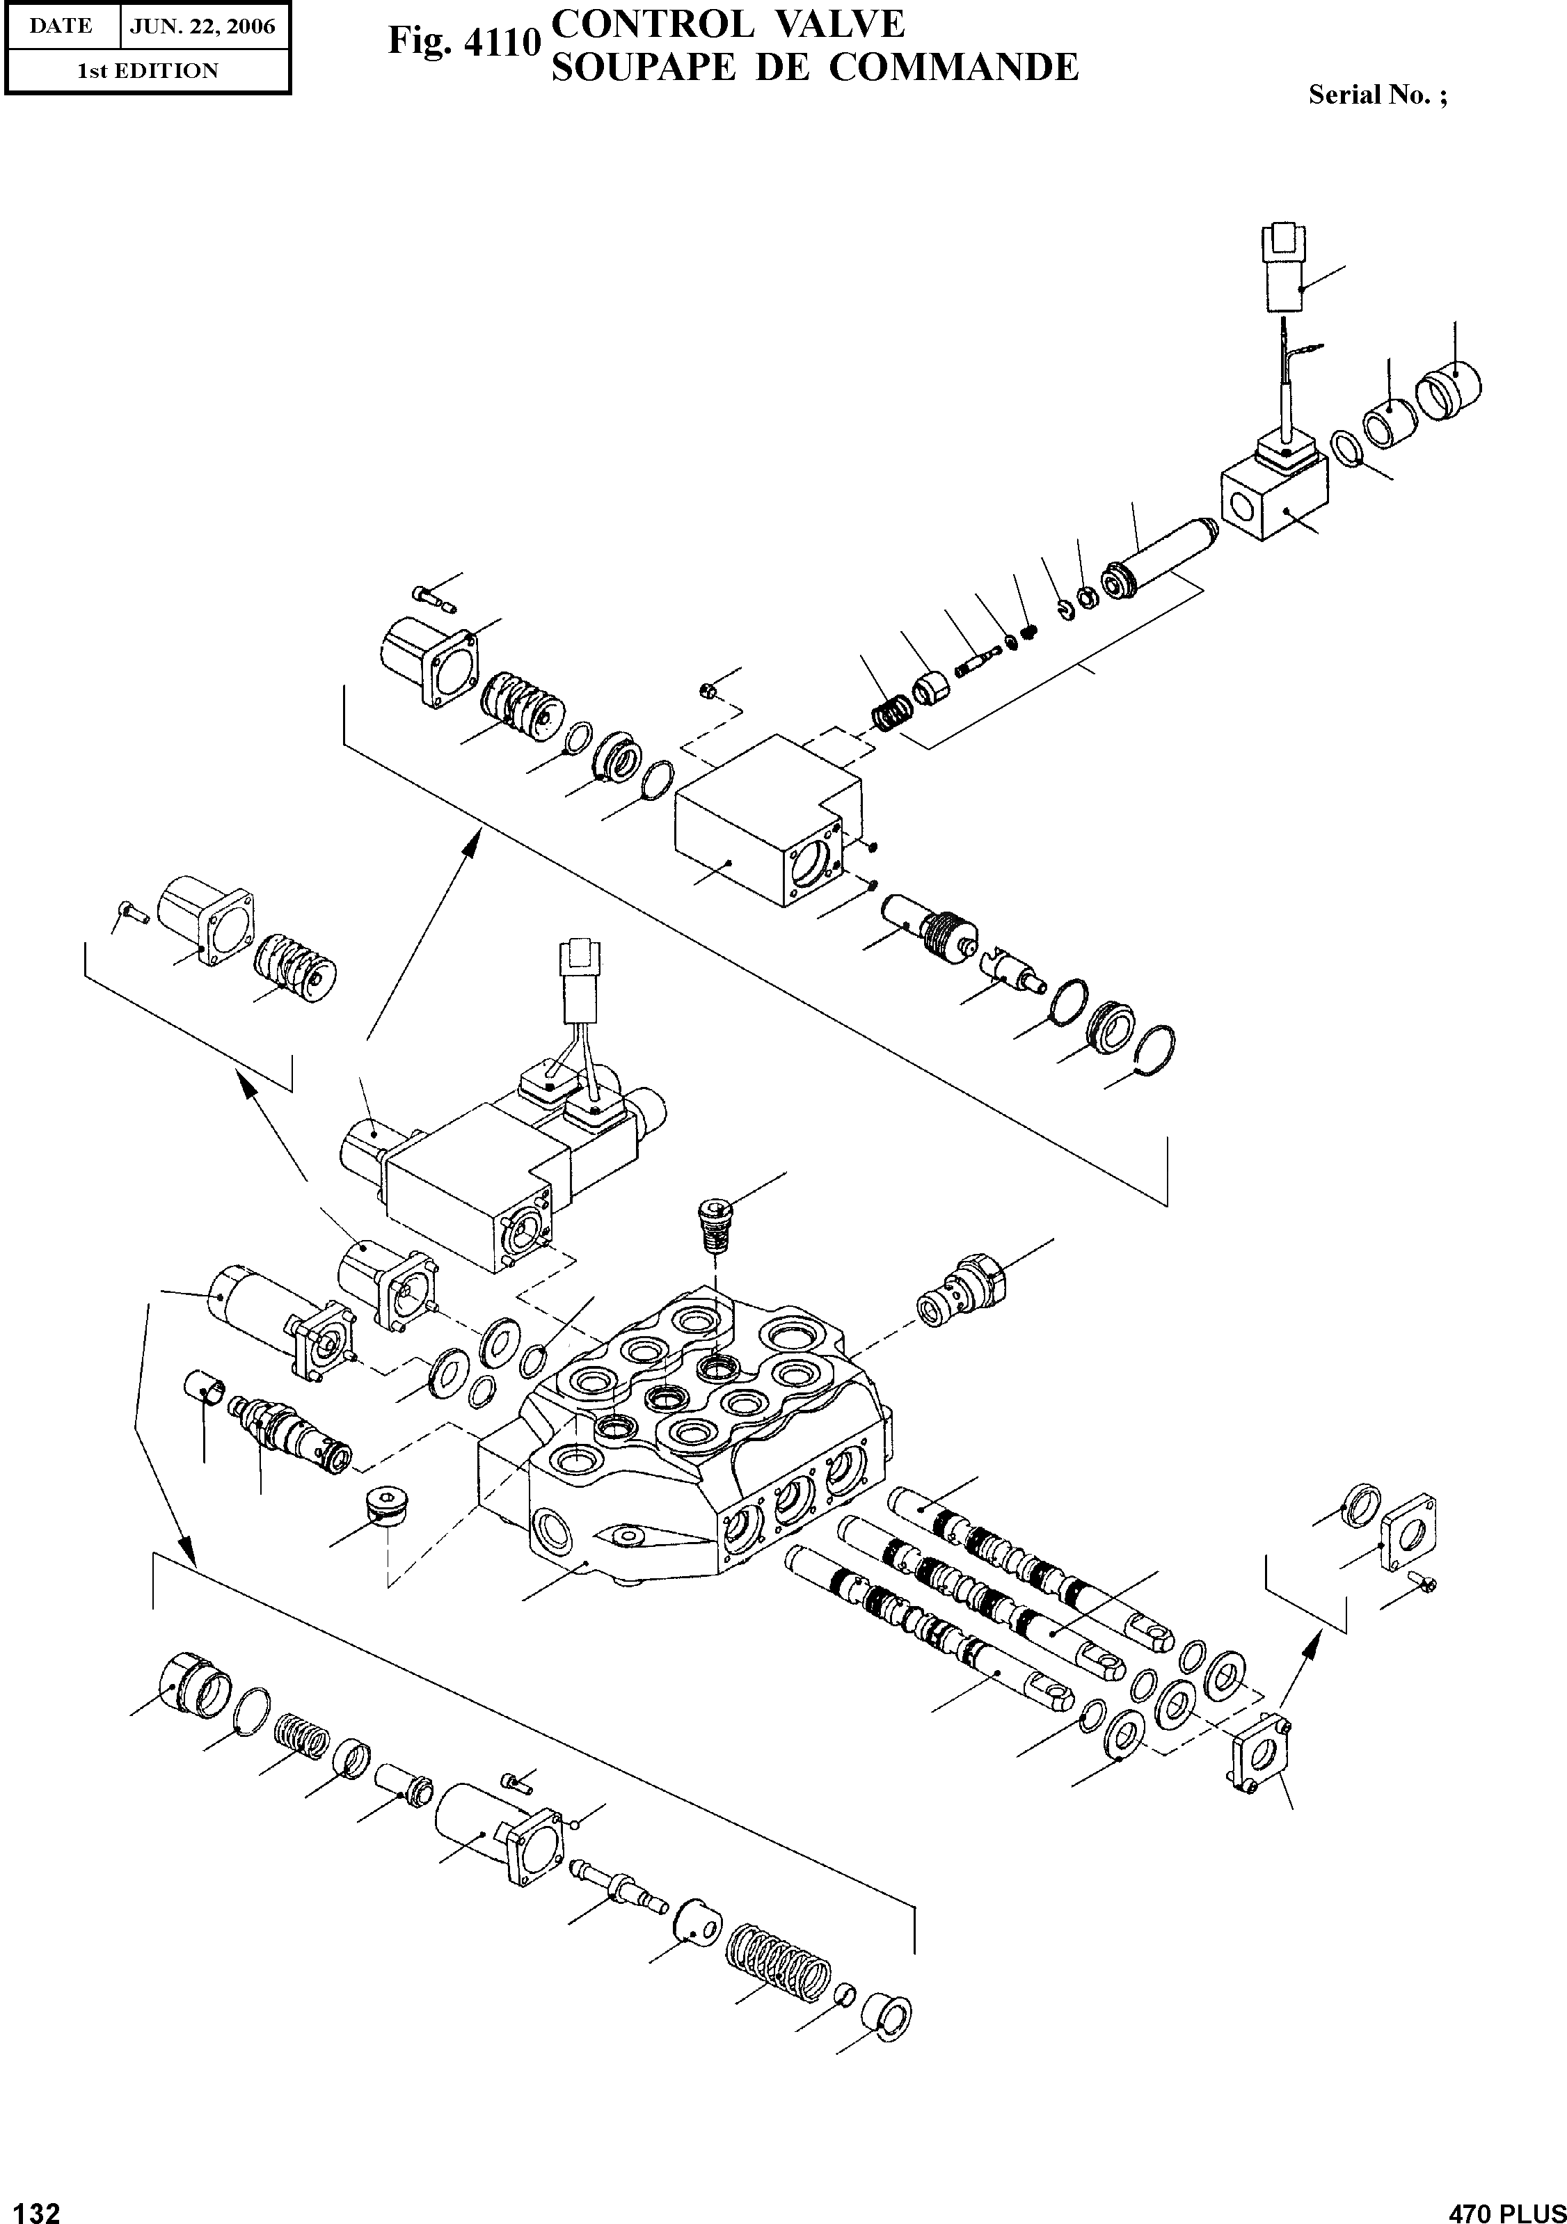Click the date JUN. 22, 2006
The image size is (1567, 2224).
[x=202, y=26]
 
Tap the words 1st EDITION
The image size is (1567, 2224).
[x=148, y=71]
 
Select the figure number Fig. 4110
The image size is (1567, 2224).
[x=462, y=42]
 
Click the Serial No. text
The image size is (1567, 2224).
[x=1377, y=95]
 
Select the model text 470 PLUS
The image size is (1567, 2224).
[x=1506, y=2207]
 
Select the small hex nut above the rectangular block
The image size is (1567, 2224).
[x=707, y=690]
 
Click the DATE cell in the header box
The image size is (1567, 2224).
[x=61, y=26]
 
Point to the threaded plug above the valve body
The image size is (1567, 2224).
[x=714, y=1223]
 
